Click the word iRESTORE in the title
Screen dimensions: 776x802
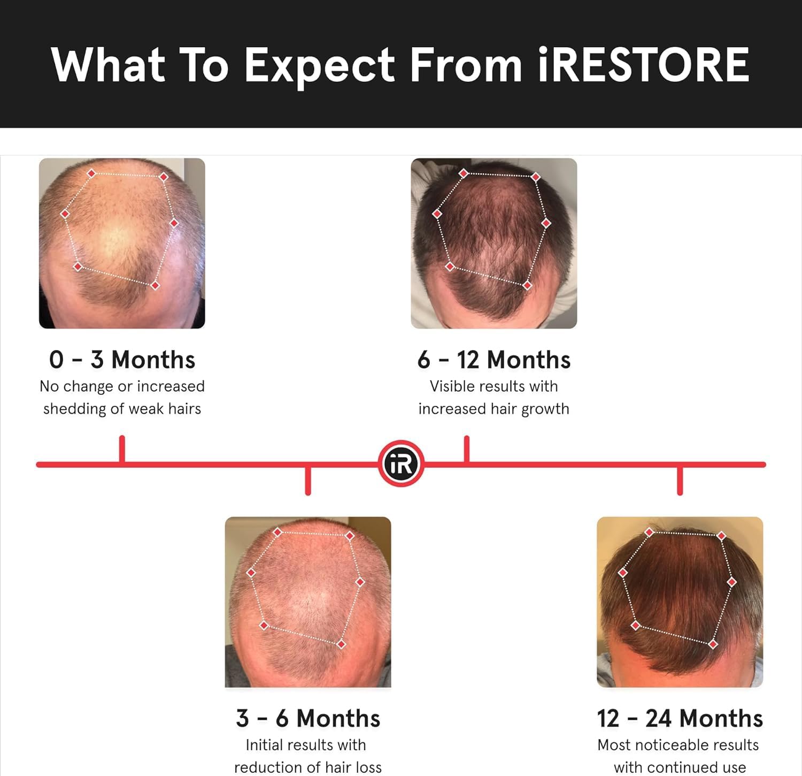643,65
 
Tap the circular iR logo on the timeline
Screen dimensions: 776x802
401,463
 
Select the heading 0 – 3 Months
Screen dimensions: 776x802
122,360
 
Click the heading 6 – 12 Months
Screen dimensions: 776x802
493,360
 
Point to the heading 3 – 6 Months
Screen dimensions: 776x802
308,718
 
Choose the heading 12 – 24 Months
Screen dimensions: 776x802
680,718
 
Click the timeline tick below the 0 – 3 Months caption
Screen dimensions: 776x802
122,450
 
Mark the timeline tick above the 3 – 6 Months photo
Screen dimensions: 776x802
308,480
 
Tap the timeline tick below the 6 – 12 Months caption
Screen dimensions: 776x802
467,450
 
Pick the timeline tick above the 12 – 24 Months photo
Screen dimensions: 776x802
680,480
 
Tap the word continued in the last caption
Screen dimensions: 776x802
680,767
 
